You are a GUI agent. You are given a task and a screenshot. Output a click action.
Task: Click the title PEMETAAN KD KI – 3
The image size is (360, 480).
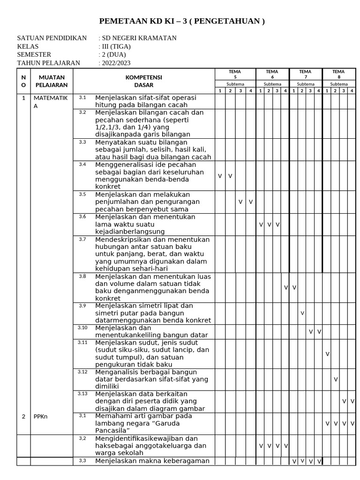click(x=182, y=22)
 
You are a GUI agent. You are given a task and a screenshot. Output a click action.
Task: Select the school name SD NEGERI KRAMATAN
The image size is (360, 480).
click(x=139, y=38)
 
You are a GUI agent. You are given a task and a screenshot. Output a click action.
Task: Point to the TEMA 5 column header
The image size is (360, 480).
click(x=235, y=74)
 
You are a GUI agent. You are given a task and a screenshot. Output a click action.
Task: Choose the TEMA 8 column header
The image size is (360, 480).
click(x=339, y=74)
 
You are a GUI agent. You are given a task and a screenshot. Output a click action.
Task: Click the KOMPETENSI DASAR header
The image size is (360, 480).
click(x=143, y=81)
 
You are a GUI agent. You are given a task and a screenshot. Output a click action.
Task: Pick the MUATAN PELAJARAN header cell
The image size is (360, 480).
click(x=52, y=81)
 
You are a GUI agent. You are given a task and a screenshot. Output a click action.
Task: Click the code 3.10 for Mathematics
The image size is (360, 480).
click(x=82, y=328)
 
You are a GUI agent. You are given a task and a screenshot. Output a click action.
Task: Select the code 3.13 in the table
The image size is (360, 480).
click(x=82, y=394)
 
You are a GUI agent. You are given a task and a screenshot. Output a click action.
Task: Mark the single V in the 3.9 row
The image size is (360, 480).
click(x=302, y=313)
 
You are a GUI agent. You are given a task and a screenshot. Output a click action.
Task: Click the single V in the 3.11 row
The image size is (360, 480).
click(x=327, y=354)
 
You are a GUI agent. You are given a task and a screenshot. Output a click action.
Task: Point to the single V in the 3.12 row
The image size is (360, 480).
click(x=336, y=379)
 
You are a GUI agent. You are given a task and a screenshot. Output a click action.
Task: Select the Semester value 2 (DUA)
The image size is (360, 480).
click(x=114, y=55)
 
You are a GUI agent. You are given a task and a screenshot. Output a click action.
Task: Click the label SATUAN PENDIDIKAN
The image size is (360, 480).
click(x=52, y=38)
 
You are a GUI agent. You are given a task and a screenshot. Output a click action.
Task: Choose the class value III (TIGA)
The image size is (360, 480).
click(x=116, y=46)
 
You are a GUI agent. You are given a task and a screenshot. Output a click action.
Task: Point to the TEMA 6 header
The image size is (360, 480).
click(x=272, y=74)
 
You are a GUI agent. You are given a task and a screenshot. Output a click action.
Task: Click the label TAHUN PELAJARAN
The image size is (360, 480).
click(x=48, y=63)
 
